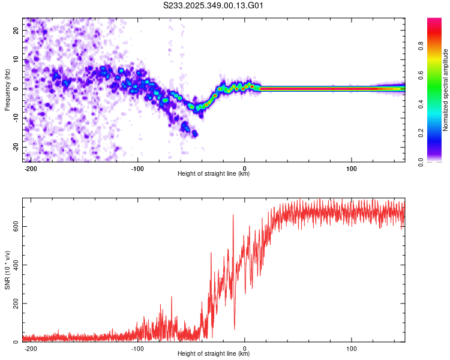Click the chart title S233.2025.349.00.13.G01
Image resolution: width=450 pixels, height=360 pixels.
[x=214, y=6]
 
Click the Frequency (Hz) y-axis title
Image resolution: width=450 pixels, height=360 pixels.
[x=7, y=89]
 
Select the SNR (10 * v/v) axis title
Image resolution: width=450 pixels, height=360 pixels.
[x=7, y=272]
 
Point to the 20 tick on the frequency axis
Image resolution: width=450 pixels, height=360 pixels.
[x=16, y=30]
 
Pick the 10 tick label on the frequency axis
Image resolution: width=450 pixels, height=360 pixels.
[x=16, y=59]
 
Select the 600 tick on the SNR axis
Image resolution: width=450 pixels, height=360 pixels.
[x=14, y=226]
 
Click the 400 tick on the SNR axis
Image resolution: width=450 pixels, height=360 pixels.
[x=14, y=265]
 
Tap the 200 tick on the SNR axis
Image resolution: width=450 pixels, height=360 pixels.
[x=14, y=304]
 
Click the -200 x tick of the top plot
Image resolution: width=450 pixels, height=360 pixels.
[x=31, y=167]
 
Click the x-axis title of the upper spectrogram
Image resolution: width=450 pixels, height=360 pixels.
[x=214, y=173]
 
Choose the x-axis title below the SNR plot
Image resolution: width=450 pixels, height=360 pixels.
[x=214, y=354]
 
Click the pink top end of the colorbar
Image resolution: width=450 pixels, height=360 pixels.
[x=435, y=22]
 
